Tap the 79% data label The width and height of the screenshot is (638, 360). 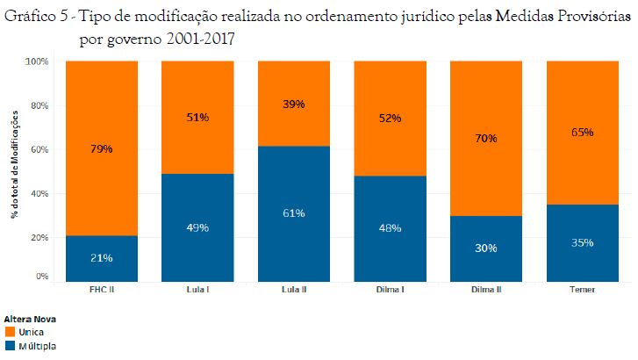[x=101, y=148]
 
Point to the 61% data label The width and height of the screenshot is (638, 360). [x=293, y=213]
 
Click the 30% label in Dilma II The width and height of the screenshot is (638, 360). [x=485, y=248]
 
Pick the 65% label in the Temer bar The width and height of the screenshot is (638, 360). [x=582, y=133]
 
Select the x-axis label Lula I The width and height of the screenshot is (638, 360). [x=197, y=289]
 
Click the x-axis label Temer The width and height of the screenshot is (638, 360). [x=582, y=289]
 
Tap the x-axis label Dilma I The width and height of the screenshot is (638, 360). [x=390, y=289]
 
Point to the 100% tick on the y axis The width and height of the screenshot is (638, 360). [x=37, y=62]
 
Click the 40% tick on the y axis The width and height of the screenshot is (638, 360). [x=39, y=193]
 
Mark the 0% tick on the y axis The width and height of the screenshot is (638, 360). [x=41, y=277]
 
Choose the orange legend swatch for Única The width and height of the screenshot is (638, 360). [x=11, y=333]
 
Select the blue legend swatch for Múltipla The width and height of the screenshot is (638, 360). [x=11, y=346]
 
